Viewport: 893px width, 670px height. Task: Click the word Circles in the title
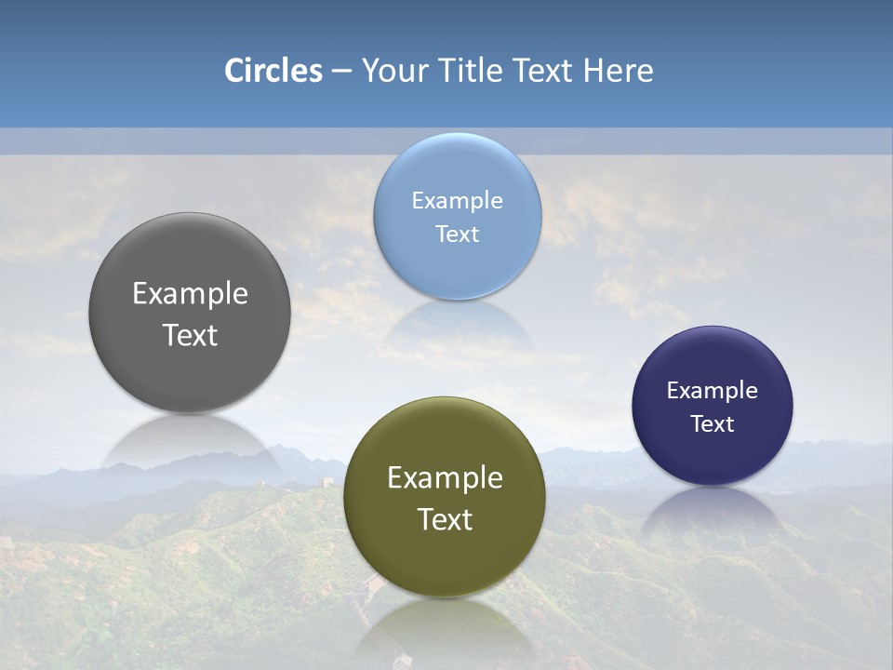pyautogui.click(x=273, y=71)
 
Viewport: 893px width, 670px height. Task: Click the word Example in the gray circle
pyautogui.click(x=190, y=293)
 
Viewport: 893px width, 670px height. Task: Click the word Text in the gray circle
pyautogui.click(x=190, y=335)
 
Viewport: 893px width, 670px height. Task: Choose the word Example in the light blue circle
pyautogui.click(x=457, y=200)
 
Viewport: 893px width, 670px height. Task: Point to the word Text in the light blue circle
pyautogui.click(x=457, y=234)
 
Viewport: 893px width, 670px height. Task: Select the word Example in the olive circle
pyautogui.click(x=445, y=477)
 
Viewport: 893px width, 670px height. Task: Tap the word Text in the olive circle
pyautogui.click(x=445, y=519)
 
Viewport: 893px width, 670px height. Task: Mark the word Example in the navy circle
pyautogui.click(x=713, y=390)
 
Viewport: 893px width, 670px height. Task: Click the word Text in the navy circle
pyautogui.click(x=713, y=423)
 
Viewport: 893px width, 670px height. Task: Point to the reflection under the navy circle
pyautogui.click(x=713, y=508)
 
